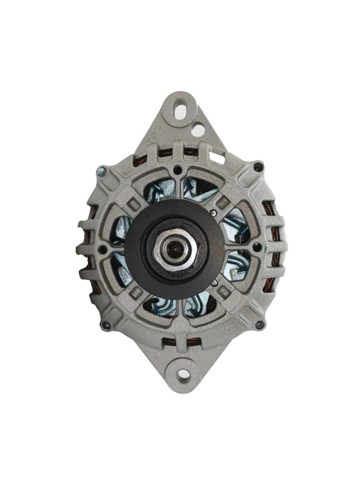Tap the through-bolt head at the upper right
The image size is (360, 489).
pyautogui.click(x=258, y=165)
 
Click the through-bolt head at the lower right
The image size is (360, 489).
pyautogui.click(x=260, y=325)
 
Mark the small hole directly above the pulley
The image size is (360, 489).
pyautogui.click(x=178, y=170)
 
